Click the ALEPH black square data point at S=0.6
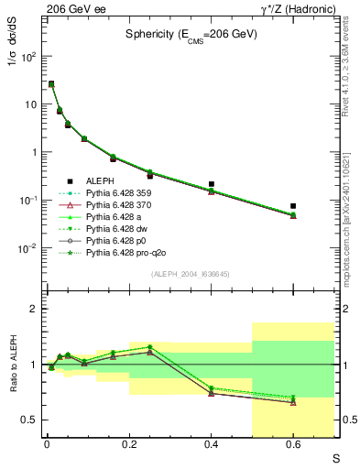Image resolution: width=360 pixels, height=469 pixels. coord(293,206)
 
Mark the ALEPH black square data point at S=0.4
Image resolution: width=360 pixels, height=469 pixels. coord(212,184)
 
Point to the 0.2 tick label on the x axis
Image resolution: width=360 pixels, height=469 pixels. coord(129,445)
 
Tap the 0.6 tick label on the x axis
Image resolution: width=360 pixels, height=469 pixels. coord(293,445)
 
